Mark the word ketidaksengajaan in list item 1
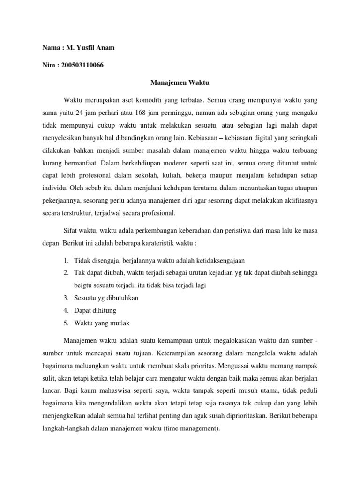(x=219, y=261)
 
